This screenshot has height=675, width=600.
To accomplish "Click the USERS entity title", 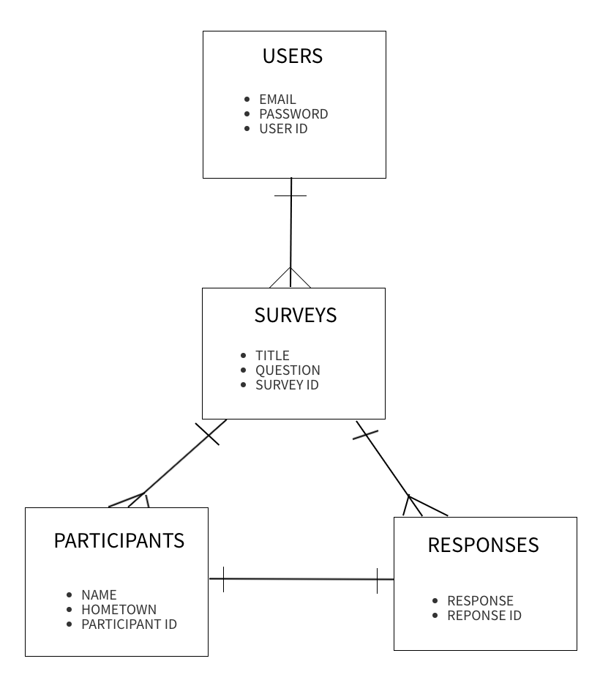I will point(293,56).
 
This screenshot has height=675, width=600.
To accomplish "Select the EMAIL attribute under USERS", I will point(277,100).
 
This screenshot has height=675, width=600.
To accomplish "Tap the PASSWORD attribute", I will point(293,114).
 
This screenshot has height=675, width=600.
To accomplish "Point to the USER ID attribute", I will point(283,129).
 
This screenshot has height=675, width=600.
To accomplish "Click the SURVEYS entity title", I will point(295,315).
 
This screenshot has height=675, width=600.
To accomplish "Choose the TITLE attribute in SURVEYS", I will point(272,356).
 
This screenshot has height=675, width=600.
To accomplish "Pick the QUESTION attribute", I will point(288,370).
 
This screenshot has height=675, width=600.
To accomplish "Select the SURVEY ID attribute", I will point(287,385).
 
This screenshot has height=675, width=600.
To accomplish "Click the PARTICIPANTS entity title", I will point(119,540).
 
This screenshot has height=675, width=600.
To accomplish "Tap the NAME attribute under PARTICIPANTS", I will point(99,595).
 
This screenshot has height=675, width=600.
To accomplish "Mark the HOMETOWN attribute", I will point(119,610).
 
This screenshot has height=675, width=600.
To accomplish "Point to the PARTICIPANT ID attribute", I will point(129,624).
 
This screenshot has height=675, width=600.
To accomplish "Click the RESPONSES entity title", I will point(483,545).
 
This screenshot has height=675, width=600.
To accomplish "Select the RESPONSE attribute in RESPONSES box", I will point(480,601).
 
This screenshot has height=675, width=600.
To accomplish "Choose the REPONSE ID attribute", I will point(484,616).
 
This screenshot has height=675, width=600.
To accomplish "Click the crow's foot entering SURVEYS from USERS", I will point(290,278).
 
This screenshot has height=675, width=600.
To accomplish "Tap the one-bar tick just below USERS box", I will point(290,195).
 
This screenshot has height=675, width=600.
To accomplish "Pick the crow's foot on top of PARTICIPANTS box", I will point(135,500).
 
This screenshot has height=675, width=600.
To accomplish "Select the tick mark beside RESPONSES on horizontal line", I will point(377,580).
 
